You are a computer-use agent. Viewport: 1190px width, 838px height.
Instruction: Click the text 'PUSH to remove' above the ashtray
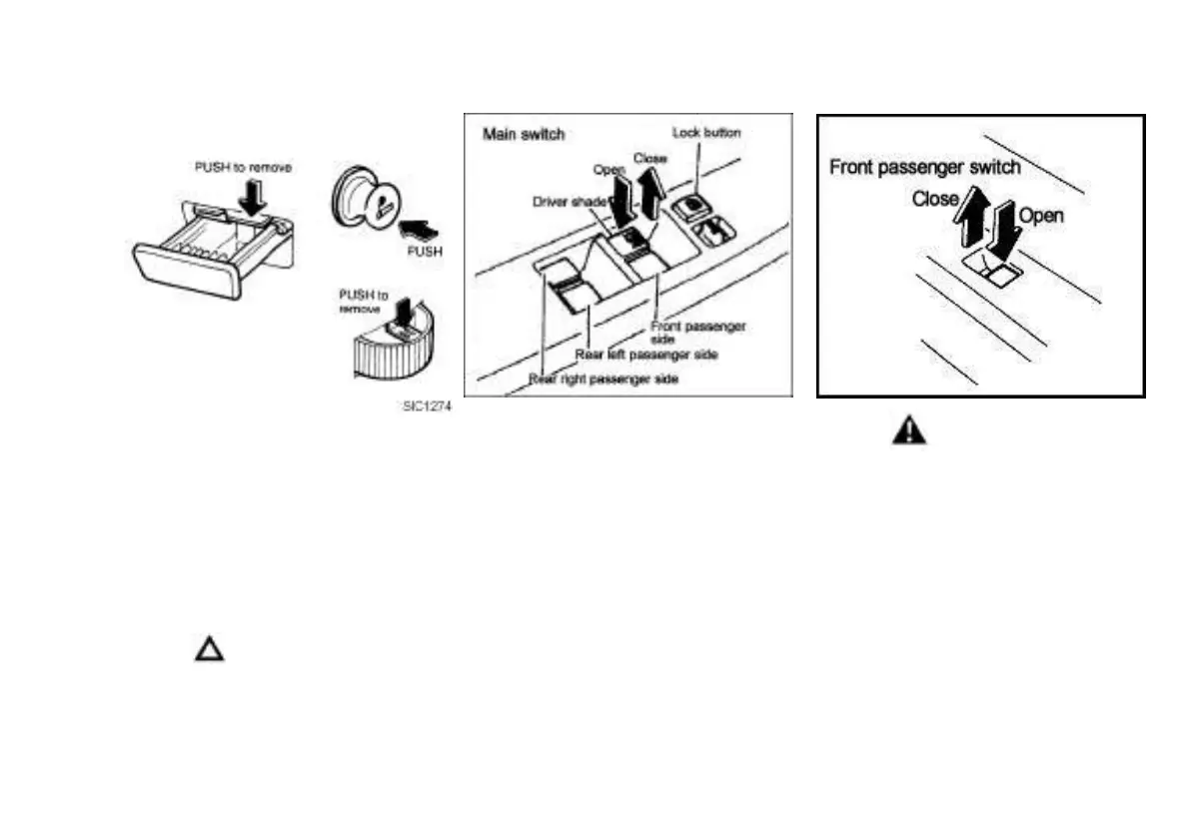coord(242,168)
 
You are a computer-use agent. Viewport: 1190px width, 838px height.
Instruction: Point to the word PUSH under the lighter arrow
coord(424,253)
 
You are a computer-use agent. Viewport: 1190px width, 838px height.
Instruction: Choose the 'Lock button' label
coord(706,132)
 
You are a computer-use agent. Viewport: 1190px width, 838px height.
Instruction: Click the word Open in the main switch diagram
coord(608,170)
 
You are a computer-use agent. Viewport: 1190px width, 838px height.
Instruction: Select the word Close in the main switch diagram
coord(649,157)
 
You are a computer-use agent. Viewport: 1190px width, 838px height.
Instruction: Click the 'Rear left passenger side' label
coord(647,354)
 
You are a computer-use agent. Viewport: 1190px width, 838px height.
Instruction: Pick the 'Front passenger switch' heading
coord(925,167)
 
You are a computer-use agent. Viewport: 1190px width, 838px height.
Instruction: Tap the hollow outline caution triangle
coord(209,650)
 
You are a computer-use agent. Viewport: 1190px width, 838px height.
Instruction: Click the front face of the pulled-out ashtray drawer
coord(188,270)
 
